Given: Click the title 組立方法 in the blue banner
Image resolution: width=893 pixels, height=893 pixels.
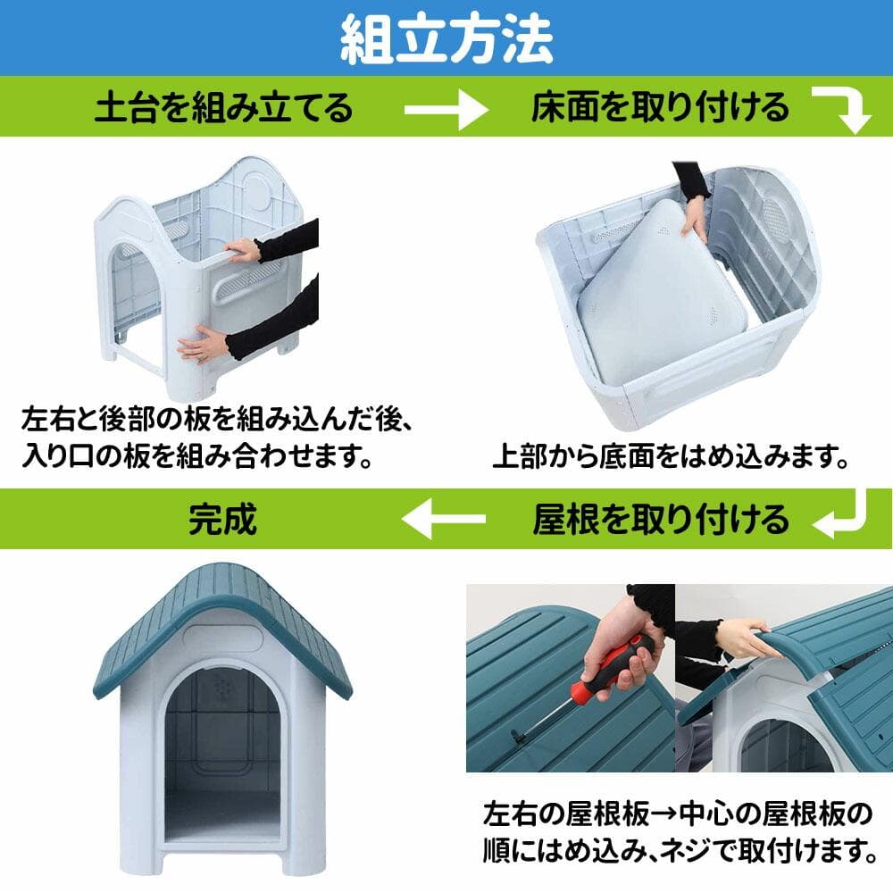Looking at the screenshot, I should coord(446,38).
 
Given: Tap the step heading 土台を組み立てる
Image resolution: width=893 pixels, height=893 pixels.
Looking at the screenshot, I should coord(224,108).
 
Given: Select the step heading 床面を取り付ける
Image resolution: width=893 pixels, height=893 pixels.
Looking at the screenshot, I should coord(661,108).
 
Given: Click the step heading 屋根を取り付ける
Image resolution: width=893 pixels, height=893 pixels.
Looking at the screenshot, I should coord(661,518).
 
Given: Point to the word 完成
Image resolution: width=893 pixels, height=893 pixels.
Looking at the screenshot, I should coord(223,518).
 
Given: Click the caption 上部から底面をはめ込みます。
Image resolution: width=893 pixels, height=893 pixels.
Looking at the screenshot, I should coord(670,458).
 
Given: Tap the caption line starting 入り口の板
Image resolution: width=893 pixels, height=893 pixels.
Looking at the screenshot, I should coord(196,457).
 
